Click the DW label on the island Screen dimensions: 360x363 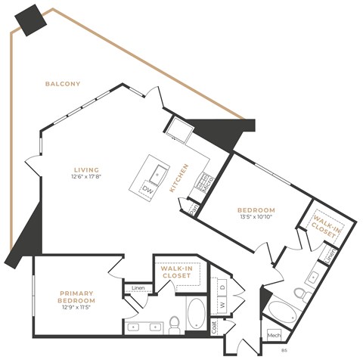[x=148, y=191]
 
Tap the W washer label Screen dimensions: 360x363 [x=222, y=306]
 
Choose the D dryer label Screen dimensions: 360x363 [x=222, y=287]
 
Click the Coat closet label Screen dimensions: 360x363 [x=214, y=327]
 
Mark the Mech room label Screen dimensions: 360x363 [x=274, y=334]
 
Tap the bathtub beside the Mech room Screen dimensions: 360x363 [x=284, y=311]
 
